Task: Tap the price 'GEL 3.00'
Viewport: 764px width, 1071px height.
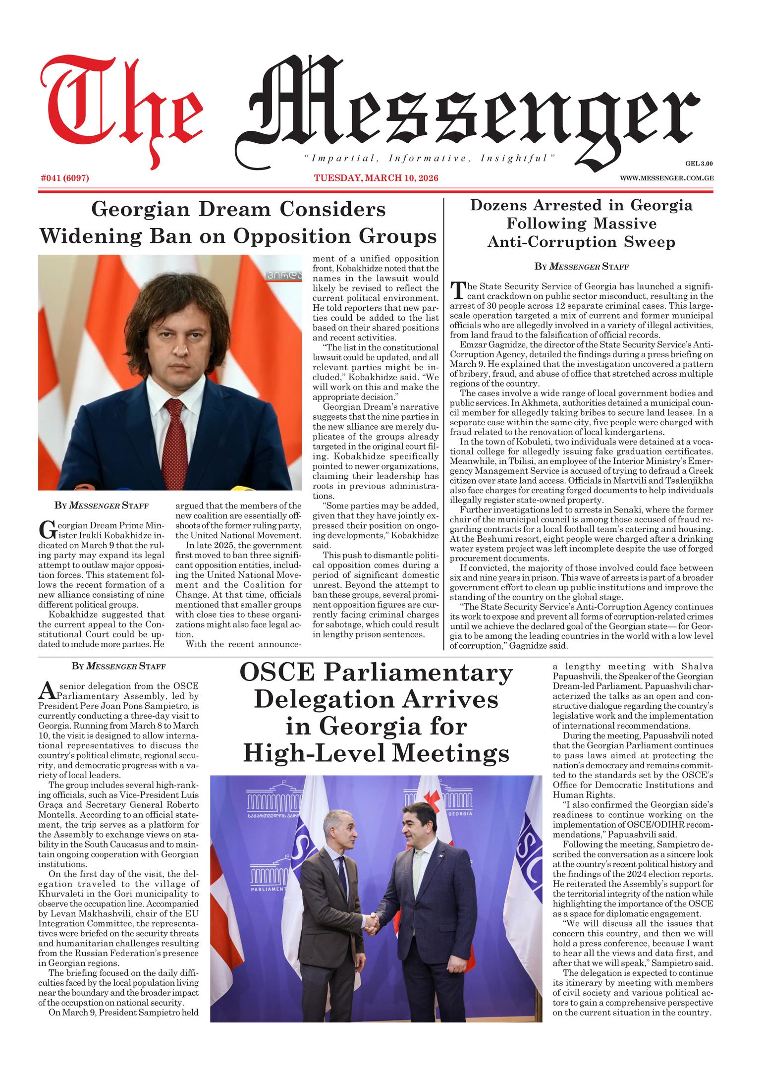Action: coord(699,163)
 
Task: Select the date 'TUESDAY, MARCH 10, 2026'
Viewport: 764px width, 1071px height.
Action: coord(377,178)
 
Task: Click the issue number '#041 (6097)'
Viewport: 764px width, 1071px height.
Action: coord(65,178)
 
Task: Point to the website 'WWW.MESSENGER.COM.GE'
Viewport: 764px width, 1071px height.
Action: coord(666,178)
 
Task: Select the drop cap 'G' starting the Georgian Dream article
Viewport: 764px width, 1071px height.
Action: coord(45,529)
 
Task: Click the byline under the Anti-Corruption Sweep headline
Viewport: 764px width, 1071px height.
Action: coord(581,267)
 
